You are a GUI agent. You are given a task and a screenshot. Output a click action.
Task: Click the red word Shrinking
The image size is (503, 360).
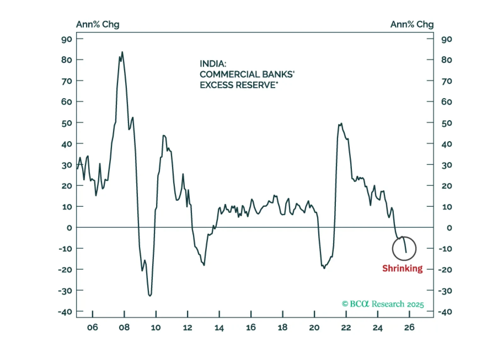tap(402, 268)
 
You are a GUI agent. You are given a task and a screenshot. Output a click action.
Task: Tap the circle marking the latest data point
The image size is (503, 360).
tap(404, 249)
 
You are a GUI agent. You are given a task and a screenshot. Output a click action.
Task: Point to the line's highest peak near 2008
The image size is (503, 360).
tap(122, 53)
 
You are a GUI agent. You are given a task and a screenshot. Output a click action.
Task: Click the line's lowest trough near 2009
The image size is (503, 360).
tap(150, 295)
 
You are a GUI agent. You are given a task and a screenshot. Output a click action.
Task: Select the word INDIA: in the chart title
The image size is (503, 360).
tap(213, 64)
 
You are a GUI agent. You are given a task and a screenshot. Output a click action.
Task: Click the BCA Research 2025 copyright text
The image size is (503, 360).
tap(383, 304)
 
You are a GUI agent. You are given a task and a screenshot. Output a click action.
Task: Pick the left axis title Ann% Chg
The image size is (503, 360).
tap(98, 25)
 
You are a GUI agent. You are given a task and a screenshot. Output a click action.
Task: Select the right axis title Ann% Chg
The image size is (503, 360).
tap(412, 25)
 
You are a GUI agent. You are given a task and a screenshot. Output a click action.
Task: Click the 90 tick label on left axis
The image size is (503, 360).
tap(67, 39)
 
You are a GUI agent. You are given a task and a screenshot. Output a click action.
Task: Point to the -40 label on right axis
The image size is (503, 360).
tap(445, 312)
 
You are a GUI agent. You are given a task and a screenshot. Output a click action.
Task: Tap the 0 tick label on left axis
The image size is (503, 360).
tap(69, 228)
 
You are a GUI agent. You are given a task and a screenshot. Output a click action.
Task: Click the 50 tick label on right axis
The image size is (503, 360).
tap(446, 123)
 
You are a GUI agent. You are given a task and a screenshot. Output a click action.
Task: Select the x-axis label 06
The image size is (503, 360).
tap(93, 328)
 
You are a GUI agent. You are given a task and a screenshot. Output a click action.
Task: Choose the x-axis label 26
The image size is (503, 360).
tap(409, 328)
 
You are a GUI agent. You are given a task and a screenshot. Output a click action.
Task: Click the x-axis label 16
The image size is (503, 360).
tap(251, 328)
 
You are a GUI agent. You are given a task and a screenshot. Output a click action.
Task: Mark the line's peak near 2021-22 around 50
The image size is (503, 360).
tap(341, 124)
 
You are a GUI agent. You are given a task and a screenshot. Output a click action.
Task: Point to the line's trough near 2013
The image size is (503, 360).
tap(204, 265)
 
